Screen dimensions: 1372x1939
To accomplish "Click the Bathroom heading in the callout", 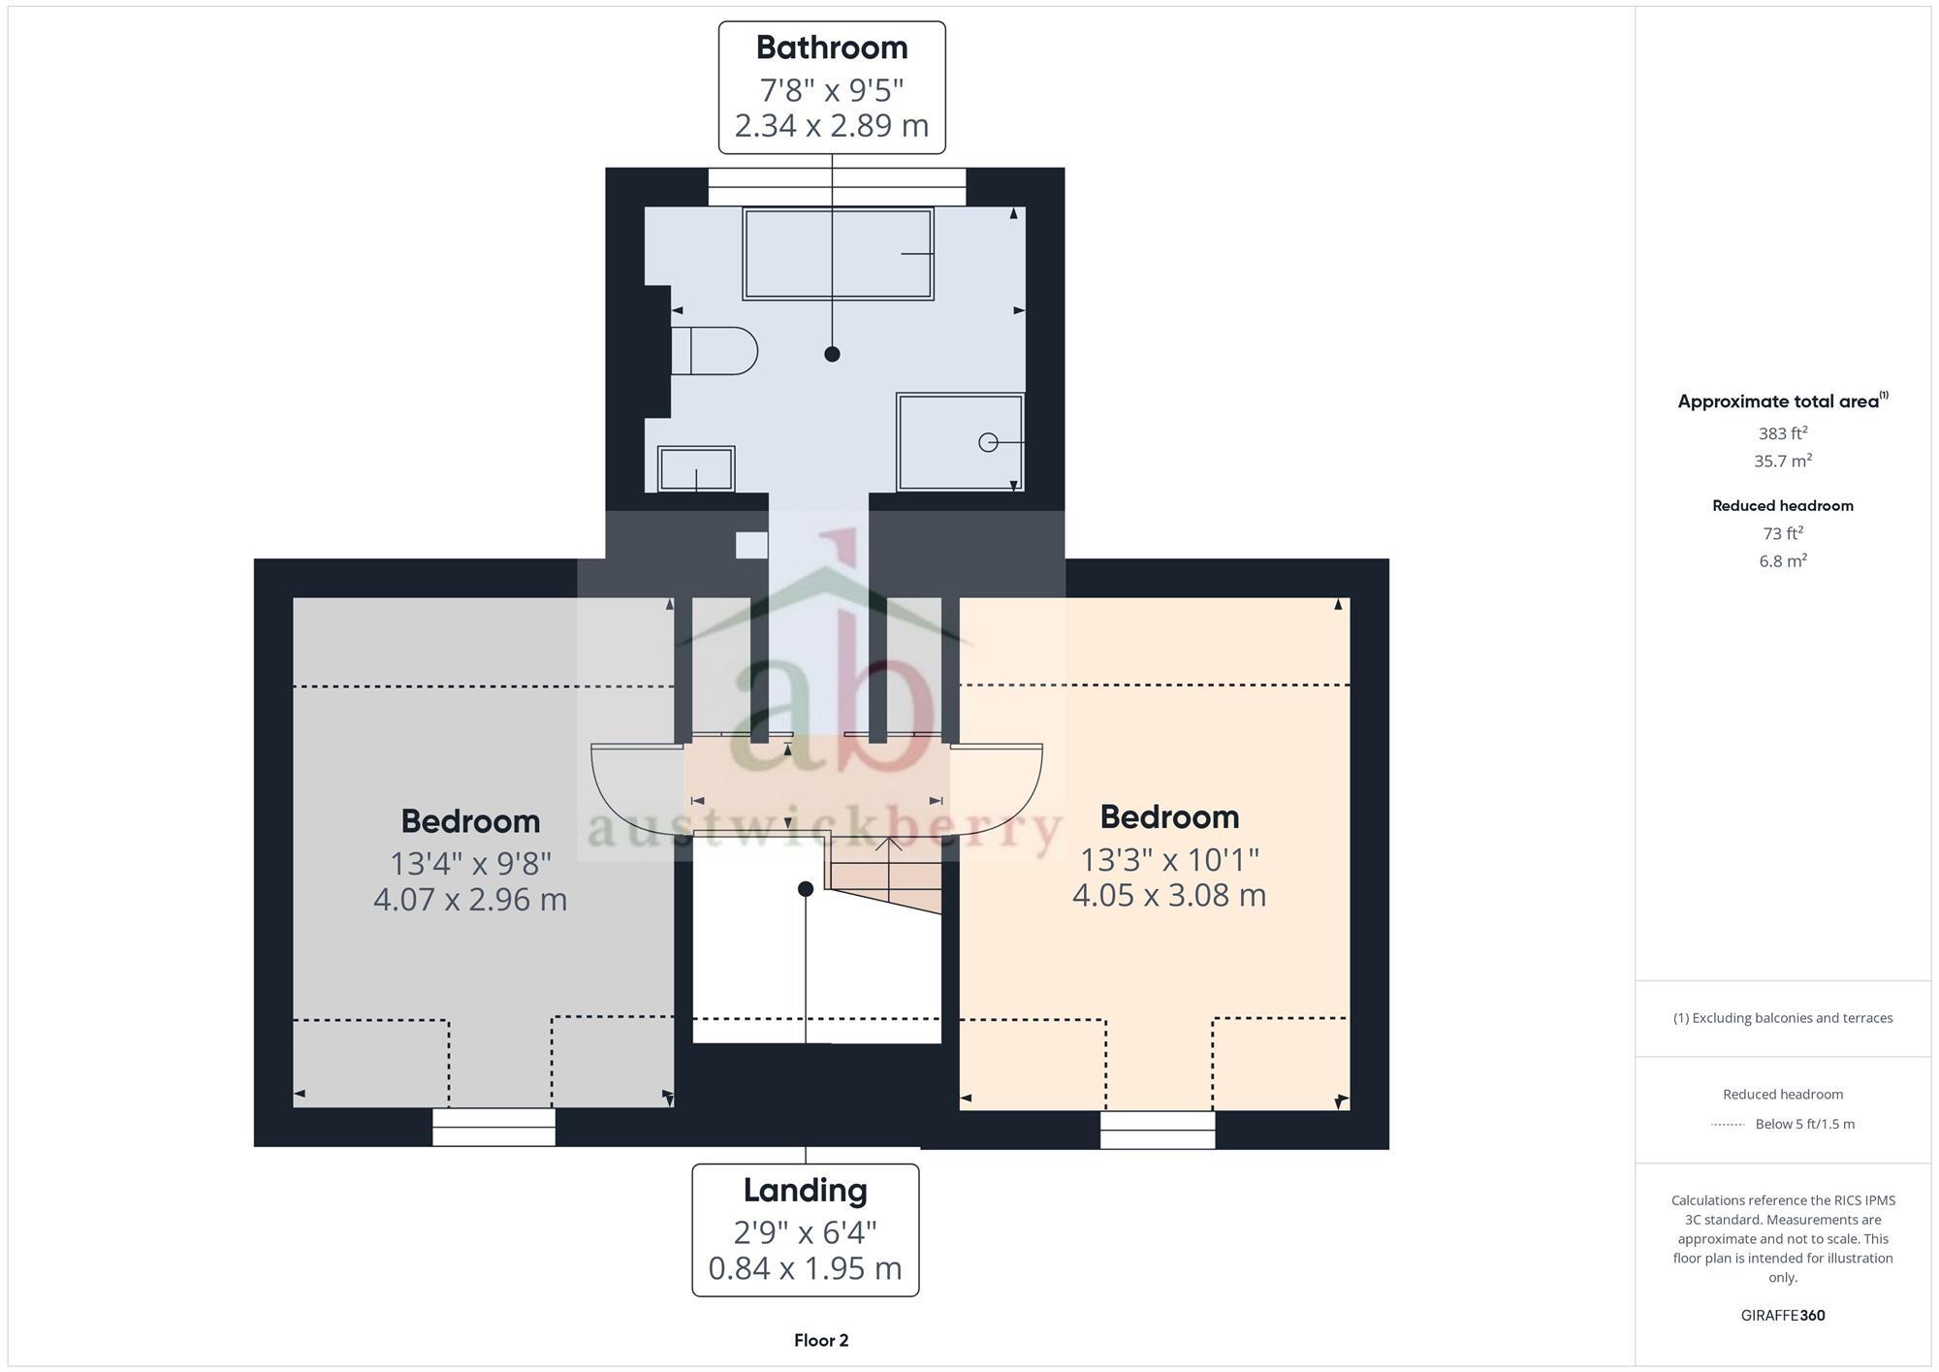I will click(831, 48).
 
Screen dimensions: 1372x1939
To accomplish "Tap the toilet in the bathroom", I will click(715, 351).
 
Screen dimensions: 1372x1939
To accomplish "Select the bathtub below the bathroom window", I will click(838, 254).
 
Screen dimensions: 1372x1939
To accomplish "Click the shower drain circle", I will click(988, 443).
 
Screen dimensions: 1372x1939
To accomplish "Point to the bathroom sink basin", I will click(695, 469).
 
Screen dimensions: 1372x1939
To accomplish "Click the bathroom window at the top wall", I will click(836, 186).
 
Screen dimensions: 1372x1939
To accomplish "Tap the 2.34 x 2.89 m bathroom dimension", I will click(831, 126).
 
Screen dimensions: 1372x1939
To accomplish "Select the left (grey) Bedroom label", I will click(470, 821).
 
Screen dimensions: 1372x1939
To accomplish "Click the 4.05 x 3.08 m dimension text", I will click(1168, 895).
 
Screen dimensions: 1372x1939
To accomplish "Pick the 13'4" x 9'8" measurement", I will click(470, 862).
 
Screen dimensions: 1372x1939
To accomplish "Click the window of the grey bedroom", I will click(493, 1127).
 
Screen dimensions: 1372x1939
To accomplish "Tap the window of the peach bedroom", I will click(1157, 1130).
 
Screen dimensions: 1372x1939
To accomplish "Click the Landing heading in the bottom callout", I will click(805, 1190).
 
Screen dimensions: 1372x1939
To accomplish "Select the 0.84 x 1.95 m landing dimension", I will click(805, 1268).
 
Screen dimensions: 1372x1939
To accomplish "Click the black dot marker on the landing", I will click(805, 889).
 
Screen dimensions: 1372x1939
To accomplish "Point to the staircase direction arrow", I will click(889, 846).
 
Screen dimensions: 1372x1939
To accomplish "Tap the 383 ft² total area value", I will click(1782, 433).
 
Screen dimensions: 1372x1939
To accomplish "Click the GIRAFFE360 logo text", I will click(1782, 1316).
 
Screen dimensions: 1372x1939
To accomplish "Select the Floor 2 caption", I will click(820, 1341).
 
